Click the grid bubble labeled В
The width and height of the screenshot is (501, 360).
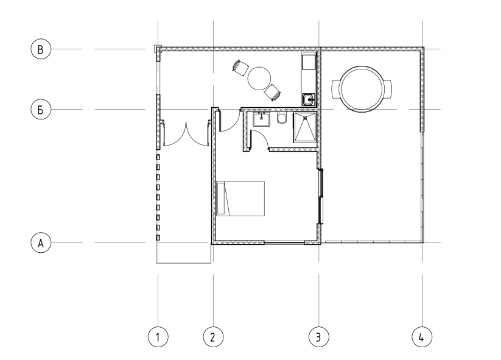pos(41,49)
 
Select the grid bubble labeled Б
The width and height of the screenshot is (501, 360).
pos(41,110)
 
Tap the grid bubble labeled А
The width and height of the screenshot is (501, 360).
pos(41,243)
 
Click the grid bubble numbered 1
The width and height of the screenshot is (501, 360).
pos(158,337)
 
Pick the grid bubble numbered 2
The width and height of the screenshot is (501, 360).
pos(213,337)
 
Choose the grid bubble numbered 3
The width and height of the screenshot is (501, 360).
pos(318,337)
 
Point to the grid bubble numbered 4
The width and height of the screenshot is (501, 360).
pos(422,337)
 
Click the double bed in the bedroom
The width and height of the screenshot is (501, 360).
pos(240,199)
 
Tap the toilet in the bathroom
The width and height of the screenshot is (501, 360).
pos(281,118)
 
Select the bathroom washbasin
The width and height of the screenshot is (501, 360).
pos(261,119)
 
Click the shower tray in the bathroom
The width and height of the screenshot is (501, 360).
pos(305,127)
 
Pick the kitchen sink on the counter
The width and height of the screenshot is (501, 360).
pos(309,99)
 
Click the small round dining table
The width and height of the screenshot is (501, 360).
pos(259,79)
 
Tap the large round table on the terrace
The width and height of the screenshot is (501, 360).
pos(362,89)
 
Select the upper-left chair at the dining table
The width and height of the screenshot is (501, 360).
pos(240,68)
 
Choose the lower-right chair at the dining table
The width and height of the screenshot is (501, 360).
pos(273,93)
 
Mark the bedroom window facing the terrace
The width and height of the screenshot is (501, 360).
pos(321,196)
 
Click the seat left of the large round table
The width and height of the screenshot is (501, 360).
pos(335,89)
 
